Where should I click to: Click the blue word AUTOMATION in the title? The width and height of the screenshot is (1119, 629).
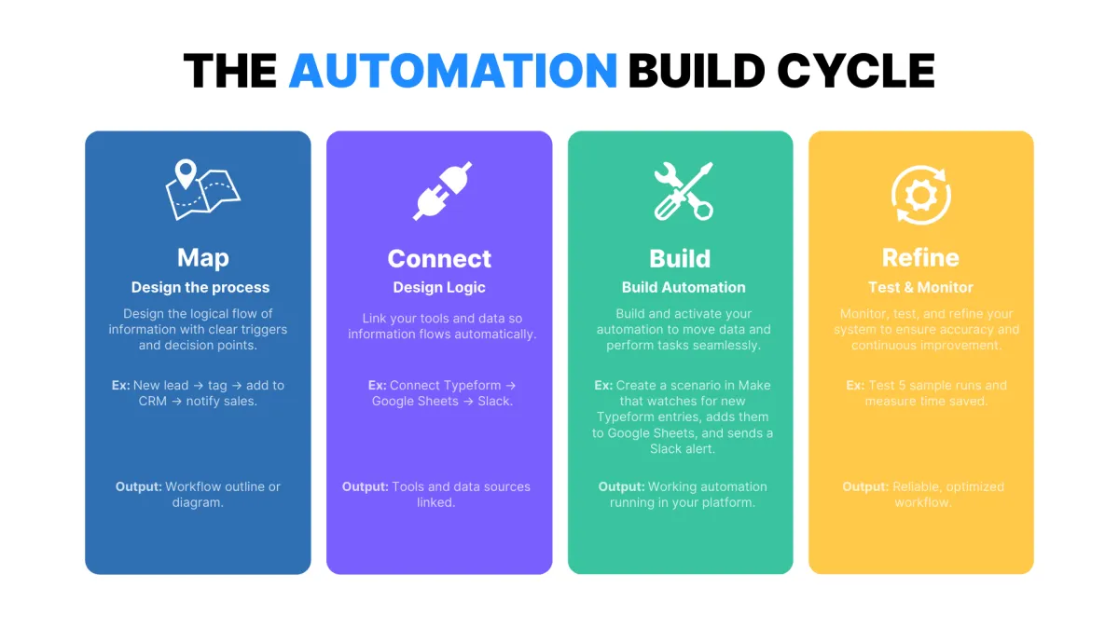[x=452, y=71]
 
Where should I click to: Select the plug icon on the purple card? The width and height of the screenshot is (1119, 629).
[x=443, y=190]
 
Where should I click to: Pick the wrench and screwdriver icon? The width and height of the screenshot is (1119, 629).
[x=683, y=191]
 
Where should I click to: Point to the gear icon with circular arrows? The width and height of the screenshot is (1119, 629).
[x=920, y=192]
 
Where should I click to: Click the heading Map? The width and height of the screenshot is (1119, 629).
[x=202, y=257]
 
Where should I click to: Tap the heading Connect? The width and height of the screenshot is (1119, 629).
[x=439, y=258]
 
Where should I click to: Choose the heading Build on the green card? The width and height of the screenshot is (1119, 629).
[x=680, y=258]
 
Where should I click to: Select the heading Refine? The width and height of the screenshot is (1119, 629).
[x=920, y=257]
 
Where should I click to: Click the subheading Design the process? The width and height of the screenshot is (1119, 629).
[x=200, y=287]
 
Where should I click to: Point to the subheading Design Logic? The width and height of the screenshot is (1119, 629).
[x=439, y=287]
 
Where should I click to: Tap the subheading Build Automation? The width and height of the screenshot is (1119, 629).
[x=684, y=287]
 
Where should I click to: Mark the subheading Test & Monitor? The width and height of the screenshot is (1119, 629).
[x=920, y=287]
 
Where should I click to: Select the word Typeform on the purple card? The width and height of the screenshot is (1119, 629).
[x=471, y=385]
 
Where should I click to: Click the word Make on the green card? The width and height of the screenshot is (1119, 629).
[x=754, y=385]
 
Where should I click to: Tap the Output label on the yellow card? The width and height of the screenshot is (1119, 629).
[x=865, y=486]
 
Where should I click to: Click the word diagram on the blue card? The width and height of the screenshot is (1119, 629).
[x=198, y=502]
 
